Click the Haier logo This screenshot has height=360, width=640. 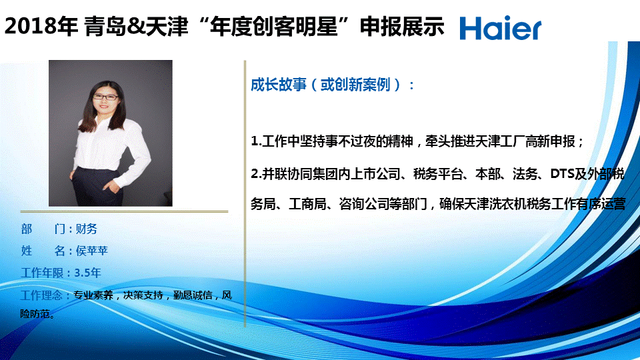coord(501,28)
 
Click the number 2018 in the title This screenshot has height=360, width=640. coord(30,27)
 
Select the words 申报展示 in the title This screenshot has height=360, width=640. coord(401,27)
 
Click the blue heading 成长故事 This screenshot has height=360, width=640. coord(279,85)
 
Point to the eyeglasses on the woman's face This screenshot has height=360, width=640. coord(106,97)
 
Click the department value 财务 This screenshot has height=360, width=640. coord(87,229)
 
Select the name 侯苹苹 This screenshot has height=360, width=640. coord(92,251)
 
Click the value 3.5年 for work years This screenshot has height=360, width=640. coord(87,273)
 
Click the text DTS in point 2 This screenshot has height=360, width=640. coord(563,174)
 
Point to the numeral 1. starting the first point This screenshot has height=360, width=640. coord(256,141)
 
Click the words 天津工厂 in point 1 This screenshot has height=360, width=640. coord(499,141)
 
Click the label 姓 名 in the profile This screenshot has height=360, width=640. coord(43,251)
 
